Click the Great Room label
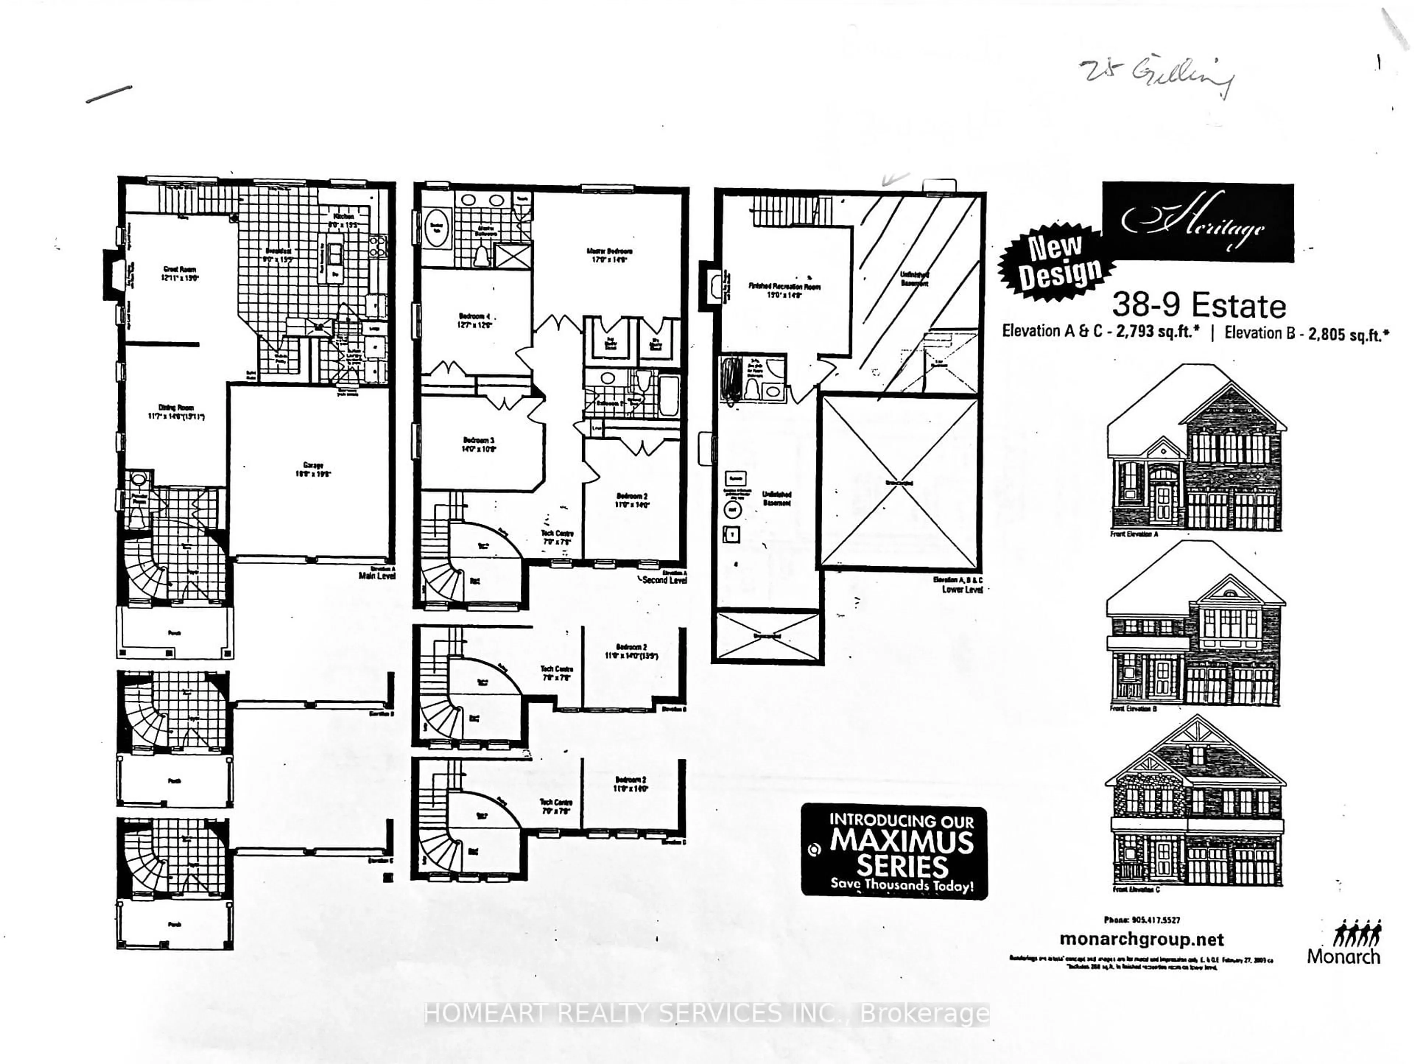coord(180,273)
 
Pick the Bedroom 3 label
coord(478,444)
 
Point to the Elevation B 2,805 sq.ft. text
coord(1306,334)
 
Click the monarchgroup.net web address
coord(1141,939)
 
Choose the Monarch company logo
coord(1344,942)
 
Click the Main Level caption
coord(377,575)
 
